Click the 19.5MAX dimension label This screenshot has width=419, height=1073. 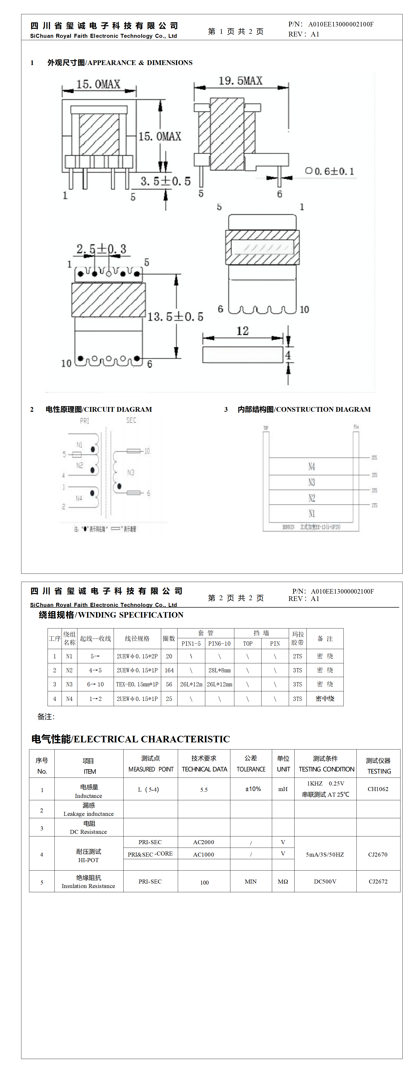240,81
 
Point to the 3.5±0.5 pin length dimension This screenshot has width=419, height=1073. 165,181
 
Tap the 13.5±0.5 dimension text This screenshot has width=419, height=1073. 175,317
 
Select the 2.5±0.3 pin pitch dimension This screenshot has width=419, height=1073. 101,249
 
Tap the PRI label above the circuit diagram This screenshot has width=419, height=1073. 85,421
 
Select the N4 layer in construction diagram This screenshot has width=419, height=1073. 311,466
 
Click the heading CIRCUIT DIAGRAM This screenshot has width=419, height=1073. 99,409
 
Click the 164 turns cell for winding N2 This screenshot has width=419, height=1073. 169,670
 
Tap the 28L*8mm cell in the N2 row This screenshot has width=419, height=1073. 220,670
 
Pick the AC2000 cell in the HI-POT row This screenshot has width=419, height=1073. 204,842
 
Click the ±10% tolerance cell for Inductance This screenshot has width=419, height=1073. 253,789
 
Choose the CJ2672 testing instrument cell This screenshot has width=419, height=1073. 378,881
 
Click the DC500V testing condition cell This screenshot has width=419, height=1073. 325,881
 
